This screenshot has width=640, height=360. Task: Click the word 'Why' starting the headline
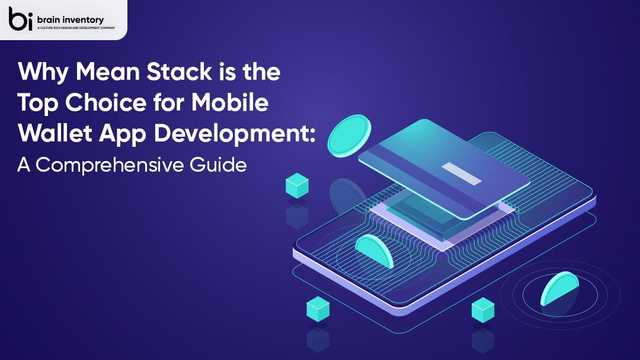click(x=39, y=73)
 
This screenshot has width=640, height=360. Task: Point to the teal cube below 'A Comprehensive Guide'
click(x=296, y=184)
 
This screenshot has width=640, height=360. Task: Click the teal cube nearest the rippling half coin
click(x=484, y=310)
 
